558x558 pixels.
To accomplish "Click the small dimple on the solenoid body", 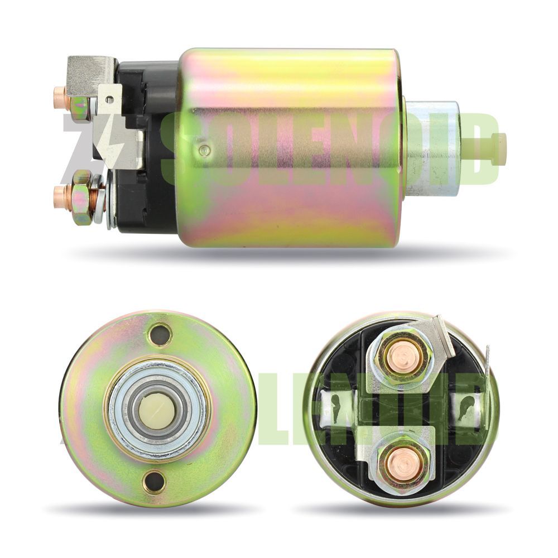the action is click(x=204, y=150).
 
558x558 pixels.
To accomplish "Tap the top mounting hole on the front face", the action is click(x=158, y=334).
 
